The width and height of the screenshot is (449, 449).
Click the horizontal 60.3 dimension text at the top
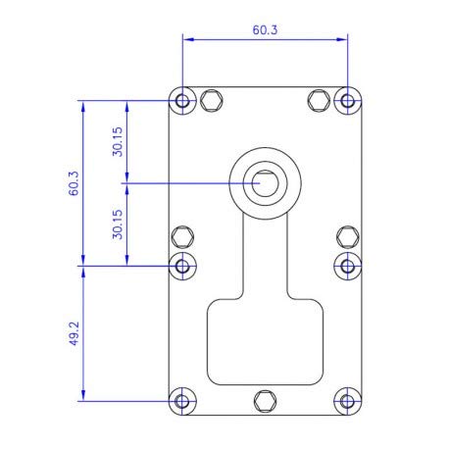tap(265, 29)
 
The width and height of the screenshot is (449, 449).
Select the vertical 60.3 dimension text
tap(73, 182)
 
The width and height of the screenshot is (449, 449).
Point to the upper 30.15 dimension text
tap(117, 142)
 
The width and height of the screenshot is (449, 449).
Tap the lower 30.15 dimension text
tap(117, 224)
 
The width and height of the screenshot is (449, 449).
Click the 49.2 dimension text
tap(73, 332)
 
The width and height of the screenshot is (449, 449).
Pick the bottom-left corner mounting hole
tap(182, 400)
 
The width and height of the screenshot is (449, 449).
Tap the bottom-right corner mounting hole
tap(348, 400)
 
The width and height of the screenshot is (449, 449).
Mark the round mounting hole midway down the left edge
tap(182, 265)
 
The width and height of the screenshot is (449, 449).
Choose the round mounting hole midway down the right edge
tap(348, 265)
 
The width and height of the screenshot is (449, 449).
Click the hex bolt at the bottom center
tap(265, 400)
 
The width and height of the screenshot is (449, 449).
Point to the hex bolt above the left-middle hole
tap(182, 235)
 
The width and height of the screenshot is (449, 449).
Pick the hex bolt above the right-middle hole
tap(348, 235)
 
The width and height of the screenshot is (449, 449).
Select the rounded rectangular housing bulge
tap(265, 343)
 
